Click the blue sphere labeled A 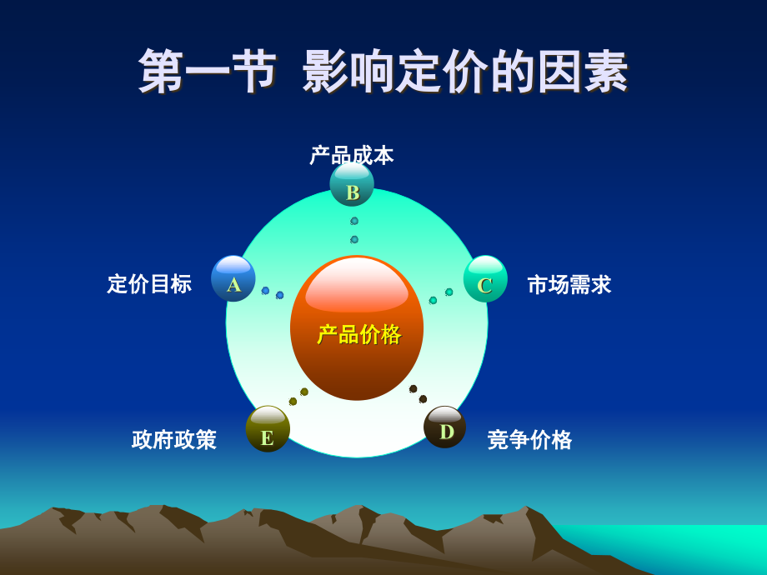coord(233,278)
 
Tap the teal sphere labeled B coord(352,185)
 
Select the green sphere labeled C coord(485,278)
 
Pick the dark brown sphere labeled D coord(445,427)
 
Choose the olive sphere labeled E coord(268,429)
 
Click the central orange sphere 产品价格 coord(357,327)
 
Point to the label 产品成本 coord(352,155)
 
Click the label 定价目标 coord(149,284)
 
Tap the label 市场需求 coord(569,285)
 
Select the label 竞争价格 coord(529,440)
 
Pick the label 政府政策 coord(174,440)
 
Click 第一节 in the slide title coord(207,72)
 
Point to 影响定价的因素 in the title coord(465,72)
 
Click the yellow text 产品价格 coord(359,334)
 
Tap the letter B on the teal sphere coord(353,192)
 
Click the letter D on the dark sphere coord(447,432)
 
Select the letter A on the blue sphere coord(233,285)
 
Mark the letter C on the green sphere coord(485,285)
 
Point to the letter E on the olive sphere coord(267,437)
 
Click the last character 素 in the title coord(606,72)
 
